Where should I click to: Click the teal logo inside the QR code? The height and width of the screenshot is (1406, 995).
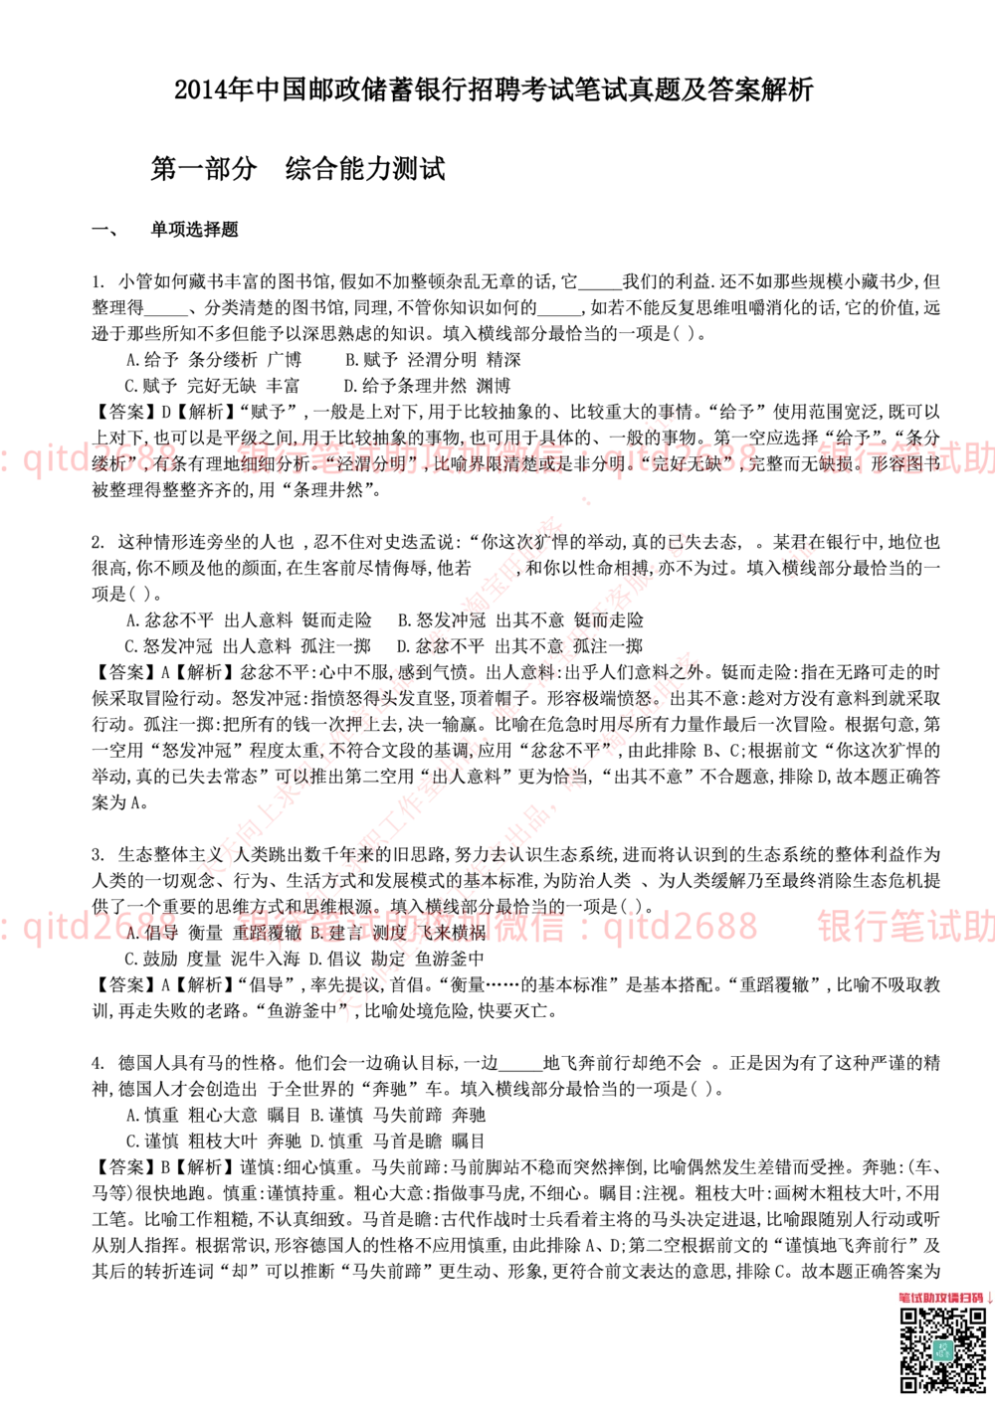(942, 1349)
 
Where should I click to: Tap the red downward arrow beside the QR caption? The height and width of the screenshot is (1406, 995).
(989, 1297)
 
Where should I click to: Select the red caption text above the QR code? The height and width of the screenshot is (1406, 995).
(940, 1297)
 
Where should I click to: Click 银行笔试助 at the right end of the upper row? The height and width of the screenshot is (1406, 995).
(905, 459)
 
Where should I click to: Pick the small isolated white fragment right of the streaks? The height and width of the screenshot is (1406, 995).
(798, 560)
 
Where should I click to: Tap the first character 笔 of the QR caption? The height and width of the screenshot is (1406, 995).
(903, 1297)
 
